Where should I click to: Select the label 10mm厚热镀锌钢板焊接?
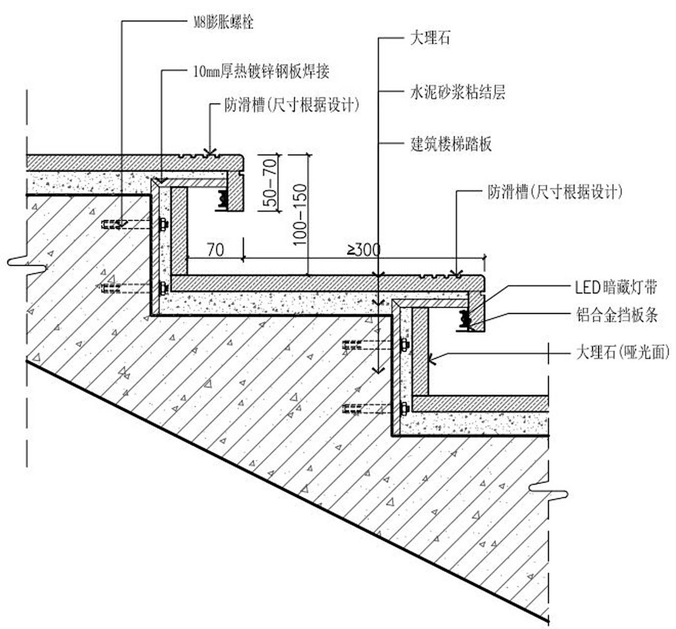tap(261, 72)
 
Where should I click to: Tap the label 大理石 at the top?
tap(430, 38)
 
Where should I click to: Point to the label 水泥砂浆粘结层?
tap(458, 92)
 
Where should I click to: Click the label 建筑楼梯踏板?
tap(451, 144)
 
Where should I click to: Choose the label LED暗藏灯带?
tap(616, 287)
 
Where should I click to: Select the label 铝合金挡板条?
tap(617, 315)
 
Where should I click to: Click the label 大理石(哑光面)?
tap(622, 352)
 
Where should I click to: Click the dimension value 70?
tap(215, 250)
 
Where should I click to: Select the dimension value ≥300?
tap(364, 250)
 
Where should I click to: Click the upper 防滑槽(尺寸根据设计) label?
tap(292, 105)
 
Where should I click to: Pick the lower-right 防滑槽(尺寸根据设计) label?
tap(554, 192)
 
